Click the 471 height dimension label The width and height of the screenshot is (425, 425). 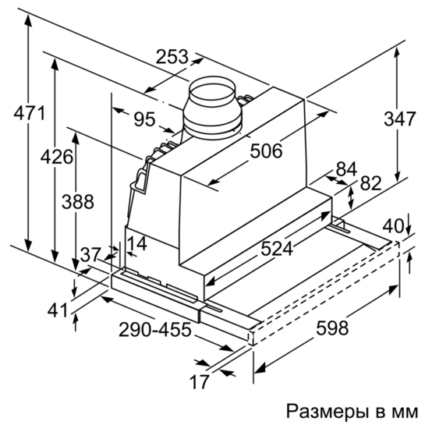click(x=30, y=113)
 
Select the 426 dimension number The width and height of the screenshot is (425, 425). click(x=57, y=157)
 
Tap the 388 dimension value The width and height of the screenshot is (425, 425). click(x=78, y=202)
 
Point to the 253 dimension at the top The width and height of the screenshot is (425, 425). click(x=172, y=57)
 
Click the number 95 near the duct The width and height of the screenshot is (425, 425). click(x=145, y=119)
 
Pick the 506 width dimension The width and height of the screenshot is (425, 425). click(x=266, y=151)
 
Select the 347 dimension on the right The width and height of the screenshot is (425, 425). click(x=399, y=119)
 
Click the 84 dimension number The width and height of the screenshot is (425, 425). click(x=346, y=169)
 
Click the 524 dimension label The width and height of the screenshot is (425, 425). click(x=277, y=249)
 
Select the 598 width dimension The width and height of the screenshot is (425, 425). click(x=332, y=328)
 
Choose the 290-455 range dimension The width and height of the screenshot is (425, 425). click(x=155, y=329)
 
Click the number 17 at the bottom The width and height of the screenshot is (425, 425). click(x=200, y=381)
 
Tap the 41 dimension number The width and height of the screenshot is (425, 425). click(x=58, y=310)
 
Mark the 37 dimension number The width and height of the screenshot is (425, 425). click(x=90, y=254)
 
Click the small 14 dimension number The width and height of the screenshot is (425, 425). click(x=137, y=243)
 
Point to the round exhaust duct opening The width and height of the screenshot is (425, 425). click(x=212, y=93)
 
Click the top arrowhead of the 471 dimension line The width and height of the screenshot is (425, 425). click(x=28, y=20)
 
